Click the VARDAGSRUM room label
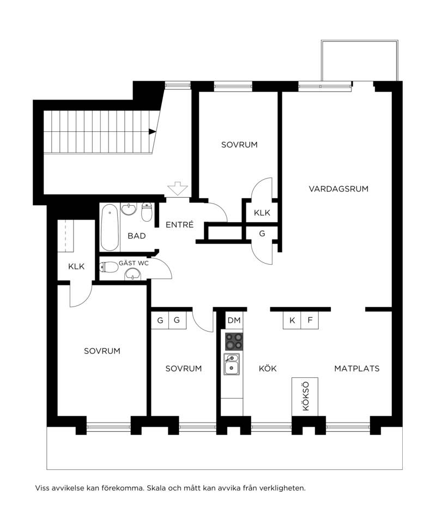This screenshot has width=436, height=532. coord(338,188)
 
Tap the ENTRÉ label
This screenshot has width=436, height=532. coord(180,224)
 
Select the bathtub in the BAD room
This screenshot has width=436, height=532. coord(110,227)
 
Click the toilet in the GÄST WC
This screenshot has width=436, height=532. coord(108,267)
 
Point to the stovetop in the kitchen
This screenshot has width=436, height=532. coord(234,341)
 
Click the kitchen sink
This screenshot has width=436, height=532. coord(232,364)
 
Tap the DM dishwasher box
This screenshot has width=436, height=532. coord(234,320)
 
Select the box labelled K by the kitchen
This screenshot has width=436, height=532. coord(292,320)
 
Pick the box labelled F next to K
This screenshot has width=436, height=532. coord(310,320)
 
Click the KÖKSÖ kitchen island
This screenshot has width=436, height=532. coord(305,396)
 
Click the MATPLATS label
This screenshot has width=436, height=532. coord(357,369)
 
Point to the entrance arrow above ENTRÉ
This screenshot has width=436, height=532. coord(178,188)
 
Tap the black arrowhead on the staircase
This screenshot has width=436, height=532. coord(152,132)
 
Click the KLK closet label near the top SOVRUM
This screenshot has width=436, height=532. coord(262,213)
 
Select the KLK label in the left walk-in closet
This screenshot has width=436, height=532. coord(76,266)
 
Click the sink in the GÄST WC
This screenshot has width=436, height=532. coord(133,273)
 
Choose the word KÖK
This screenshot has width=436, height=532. coord(268,369)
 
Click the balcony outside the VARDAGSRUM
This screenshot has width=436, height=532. coord(359,61)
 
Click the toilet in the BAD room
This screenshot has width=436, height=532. coord(147,212)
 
